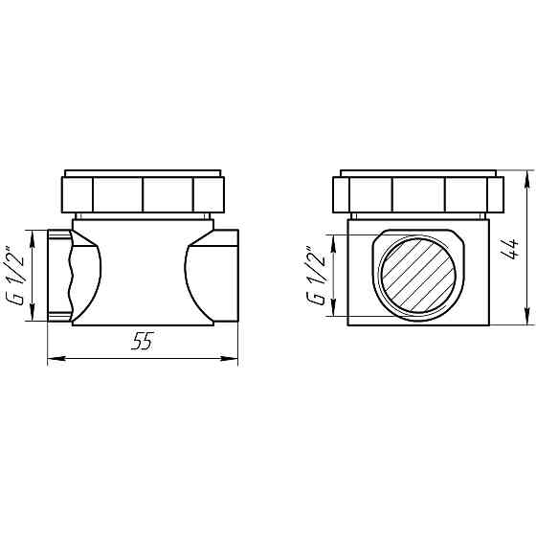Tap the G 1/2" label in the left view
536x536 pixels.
pyautogui.click(x=15, y=275)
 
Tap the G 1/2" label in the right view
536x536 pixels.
pyautogui.click(x=313, y=276)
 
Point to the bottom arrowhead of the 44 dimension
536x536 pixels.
pyautogui.click(x=527, y=321)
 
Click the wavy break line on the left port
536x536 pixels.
pyautogui.click(x=71, y=275)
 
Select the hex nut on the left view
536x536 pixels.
pyautogui.click(x=142, y=194)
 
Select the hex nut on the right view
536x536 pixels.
pyautogui.click(x=418, y=194)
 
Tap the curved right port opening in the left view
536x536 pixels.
pyautogui.click(x=196, y=275)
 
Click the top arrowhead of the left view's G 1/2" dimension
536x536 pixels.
pyautogui.click(x=33, y=234)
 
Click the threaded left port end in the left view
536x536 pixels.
pyautogui.click(x=58, y=275)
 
